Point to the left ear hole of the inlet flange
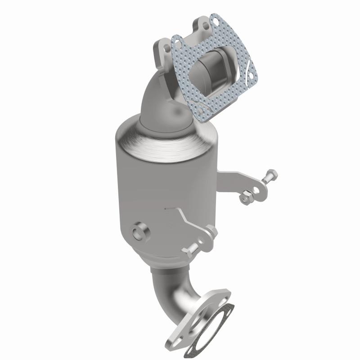[x=161, y=46]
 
